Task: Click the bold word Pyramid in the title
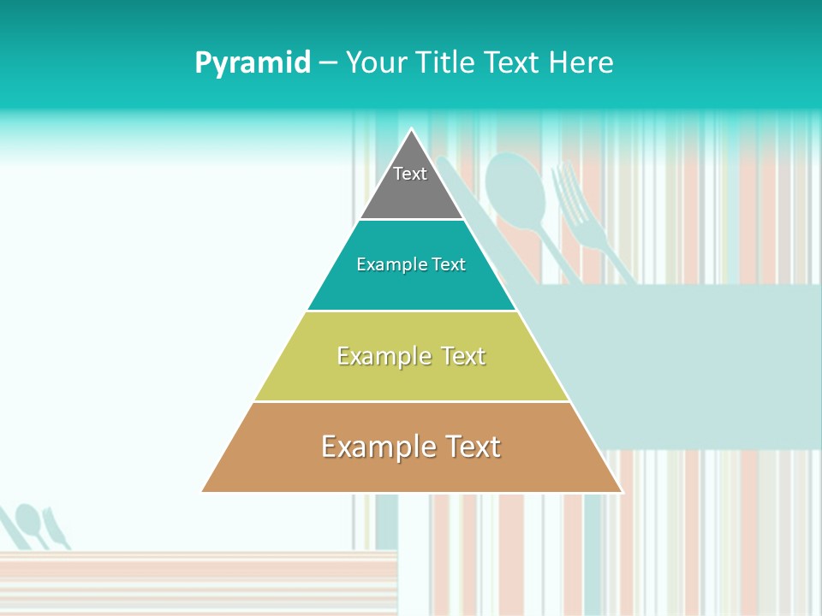click(x=253, y=63)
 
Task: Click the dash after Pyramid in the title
click(x=328, y=63)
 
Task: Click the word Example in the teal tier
click(x=390, y=265)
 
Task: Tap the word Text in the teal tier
click(x=448, y=265)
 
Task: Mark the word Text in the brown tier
click(x=473, y=447)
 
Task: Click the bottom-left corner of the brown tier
click(x=204, y=491)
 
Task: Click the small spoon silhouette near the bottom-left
click(x=29, y=519)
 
